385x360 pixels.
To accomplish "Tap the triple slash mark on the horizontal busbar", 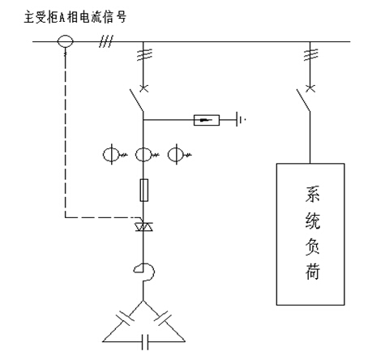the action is (105, 41).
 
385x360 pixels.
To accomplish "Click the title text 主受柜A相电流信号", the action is (75, 17).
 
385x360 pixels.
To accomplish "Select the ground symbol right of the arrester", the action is (240, 119).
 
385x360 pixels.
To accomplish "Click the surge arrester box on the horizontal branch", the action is (207, 120).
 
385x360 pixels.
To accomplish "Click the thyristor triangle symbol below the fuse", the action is (143, 226).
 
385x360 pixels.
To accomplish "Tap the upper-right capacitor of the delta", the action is (163, 318).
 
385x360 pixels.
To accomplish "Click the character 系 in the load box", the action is (312, 194).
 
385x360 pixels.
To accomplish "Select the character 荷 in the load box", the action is (312, 271).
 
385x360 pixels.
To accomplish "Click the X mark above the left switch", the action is (143, 88).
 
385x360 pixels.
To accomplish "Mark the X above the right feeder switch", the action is (310, 88).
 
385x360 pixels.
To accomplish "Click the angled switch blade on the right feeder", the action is (303, 100).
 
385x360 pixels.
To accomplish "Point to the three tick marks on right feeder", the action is (310, 54).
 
